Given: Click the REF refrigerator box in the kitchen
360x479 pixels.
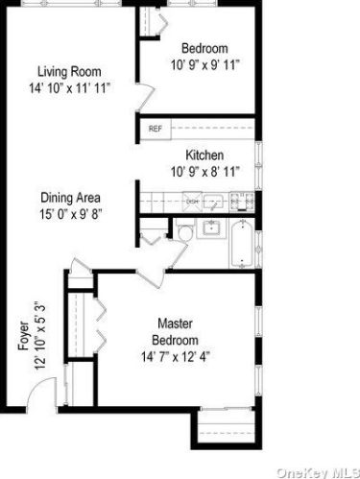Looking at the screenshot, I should (x=155, y=128).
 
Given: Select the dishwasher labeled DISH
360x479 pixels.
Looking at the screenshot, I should (x=192, y=202).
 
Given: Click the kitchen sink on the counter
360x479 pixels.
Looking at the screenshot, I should (x=217, y=202).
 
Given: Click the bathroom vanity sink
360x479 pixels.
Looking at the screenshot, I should (x=211, y=231).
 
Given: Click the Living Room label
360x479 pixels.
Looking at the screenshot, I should (x=69, y=71).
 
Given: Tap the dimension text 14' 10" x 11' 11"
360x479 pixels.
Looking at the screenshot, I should (x=69, y=87).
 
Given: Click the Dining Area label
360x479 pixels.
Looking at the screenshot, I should (x=70, y=199).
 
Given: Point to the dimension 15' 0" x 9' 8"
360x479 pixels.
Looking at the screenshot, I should (x=70, y=215).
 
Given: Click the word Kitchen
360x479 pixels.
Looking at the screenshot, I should (x=204, y=155).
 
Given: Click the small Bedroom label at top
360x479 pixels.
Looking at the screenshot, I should (x=204, y=49).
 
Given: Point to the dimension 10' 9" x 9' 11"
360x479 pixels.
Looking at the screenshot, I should (x=204, y=65).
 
